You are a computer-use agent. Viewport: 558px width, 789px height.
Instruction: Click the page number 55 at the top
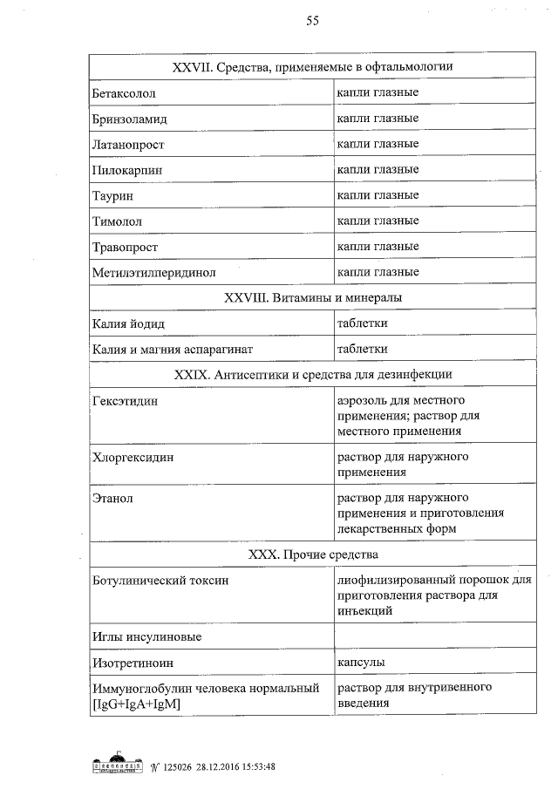(x=312, y=22)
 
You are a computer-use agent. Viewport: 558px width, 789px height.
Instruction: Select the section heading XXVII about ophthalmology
(x=313, y=66)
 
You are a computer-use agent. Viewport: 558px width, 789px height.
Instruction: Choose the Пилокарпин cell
(x=127, y=170)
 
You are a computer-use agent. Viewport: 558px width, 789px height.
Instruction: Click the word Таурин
(x=113, y=196)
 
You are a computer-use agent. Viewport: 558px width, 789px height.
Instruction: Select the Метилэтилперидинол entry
(x=153, y=273)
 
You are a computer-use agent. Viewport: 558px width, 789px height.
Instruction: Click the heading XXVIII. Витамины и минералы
(x=313, y=298)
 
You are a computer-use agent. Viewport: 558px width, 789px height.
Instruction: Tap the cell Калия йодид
(x=128, y=324)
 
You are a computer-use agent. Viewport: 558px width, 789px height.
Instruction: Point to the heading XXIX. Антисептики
(x=313, y=375)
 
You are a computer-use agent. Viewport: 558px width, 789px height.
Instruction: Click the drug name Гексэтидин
(x=126, y=401)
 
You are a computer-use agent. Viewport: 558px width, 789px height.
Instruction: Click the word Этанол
(x=112, y=499)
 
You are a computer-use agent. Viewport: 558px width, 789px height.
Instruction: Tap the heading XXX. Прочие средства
(x=313, y=554)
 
